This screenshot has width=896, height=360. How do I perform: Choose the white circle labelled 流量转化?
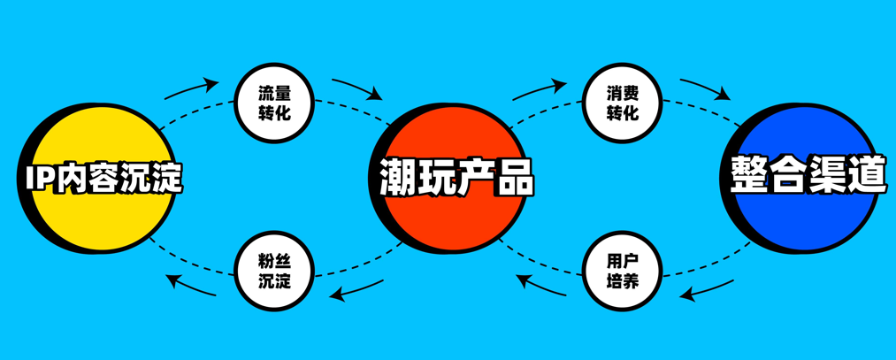275,103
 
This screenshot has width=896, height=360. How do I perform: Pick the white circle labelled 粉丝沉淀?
275,271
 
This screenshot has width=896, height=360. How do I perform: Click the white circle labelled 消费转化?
623,103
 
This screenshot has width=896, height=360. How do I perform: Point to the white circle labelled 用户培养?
623,271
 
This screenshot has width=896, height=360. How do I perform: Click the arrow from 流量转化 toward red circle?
357,87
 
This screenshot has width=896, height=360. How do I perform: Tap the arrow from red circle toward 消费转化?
540,89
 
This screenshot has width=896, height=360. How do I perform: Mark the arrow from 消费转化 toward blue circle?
706,88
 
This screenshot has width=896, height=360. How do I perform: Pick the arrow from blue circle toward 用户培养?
707,291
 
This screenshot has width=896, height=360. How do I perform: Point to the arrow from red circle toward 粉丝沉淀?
356,291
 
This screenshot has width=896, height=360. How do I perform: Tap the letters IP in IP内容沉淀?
40,179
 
